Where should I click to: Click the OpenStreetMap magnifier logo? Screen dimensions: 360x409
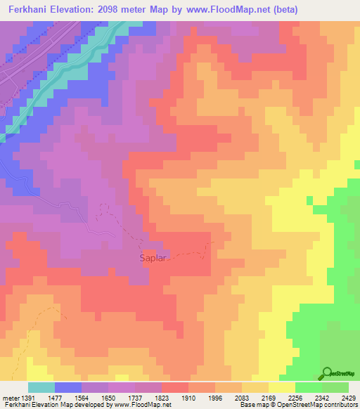pyautogui.click(x=327, y=373)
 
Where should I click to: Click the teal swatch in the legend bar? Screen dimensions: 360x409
pyautogui.click(x=41, y=388)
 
